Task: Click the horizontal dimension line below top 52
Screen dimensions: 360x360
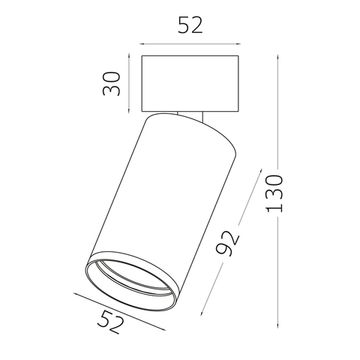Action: click(x=189, y=43)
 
